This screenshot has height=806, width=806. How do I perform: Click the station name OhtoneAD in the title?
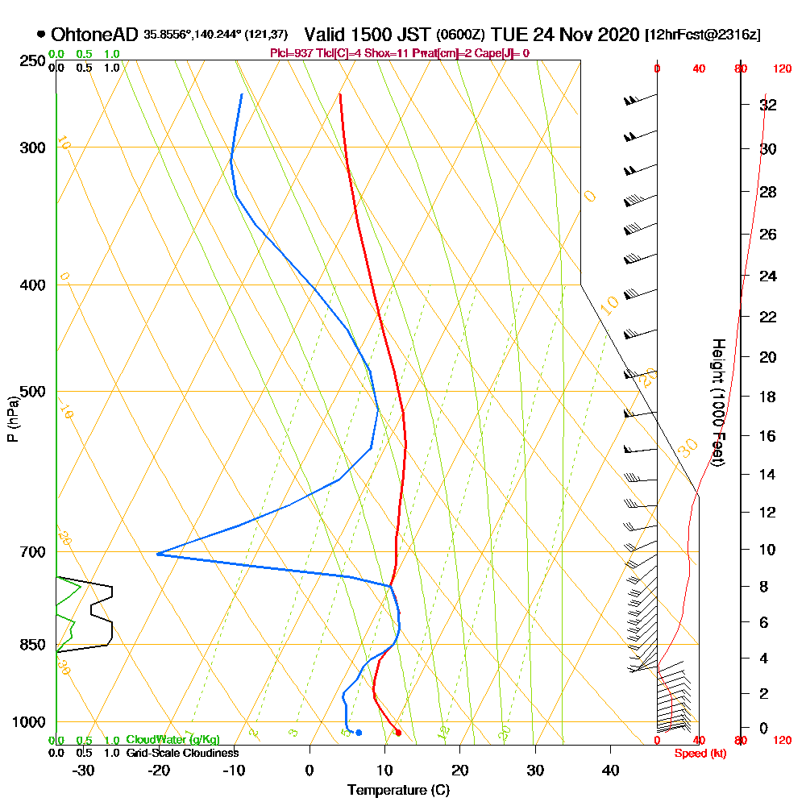tap(95, 35)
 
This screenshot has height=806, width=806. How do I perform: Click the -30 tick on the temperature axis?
tap(84, 770)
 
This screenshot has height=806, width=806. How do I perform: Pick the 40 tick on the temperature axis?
tap(610, 770)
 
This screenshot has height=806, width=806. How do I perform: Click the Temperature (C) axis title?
tap(398, 791)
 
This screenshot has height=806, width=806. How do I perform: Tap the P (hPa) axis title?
tap(12, 418)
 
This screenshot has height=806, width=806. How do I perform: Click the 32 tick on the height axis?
tap(769, 105)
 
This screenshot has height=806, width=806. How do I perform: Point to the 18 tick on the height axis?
tap(769, 397)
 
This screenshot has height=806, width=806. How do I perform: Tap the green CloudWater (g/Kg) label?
tap(172, 740)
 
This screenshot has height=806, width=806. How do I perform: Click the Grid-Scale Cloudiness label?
tap(182, 753)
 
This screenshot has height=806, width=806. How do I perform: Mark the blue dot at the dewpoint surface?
tap(359, 733)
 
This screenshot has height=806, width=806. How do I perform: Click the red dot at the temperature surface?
tap(398, 733)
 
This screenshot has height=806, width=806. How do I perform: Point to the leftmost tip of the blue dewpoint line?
tap(157, 554)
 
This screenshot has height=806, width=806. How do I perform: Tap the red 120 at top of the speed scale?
tap(781, 69)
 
